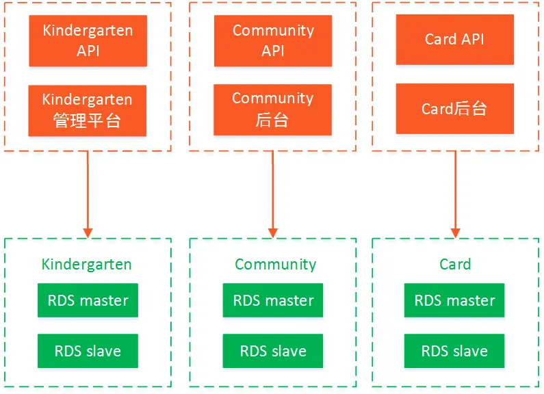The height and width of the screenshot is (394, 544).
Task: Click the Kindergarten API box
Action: point(88,40)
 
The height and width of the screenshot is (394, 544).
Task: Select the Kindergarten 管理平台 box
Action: point(88,111)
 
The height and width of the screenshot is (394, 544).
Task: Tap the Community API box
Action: point(273,40)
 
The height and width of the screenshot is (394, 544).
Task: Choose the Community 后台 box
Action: point(273,109)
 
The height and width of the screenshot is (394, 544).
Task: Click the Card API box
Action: point(455,40)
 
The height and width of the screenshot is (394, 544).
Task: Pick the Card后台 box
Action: point(455,109)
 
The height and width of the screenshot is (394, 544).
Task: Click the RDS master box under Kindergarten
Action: point(88,300)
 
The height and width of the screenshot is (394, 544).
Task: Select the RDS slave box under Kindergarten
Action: point(88,351)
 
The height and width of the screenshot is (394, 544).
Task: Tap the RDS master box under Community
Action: point(273,300)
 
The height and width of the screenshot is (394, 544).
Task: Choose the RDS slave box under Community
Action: point(273,351)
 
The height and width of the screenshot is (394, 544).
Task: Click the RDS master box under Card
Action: point(454,300)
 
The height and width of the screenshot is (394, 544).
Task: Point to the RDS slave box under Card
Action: point(454,351)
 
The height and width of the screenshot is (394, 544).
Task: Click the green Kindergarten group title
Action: point(87,265)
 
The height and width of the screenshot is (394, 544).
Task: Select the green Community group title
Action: point(276,265)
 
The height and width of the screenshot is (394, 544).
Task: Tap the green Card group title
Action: point(455,264)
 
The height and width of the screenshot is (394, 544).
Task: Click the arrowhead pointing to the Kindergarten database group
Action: point(88,233)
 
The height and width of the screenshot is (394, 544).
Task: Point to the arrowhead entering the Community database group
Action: point(273,233)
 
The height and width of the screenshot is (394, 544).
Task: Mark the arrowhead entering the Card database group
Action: point(456,233)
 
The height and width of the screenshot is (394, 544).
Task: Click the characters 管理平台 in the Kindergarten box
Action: point(87,120)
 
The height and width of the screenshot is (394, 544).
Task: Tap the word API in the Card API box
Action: point(472,39)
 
